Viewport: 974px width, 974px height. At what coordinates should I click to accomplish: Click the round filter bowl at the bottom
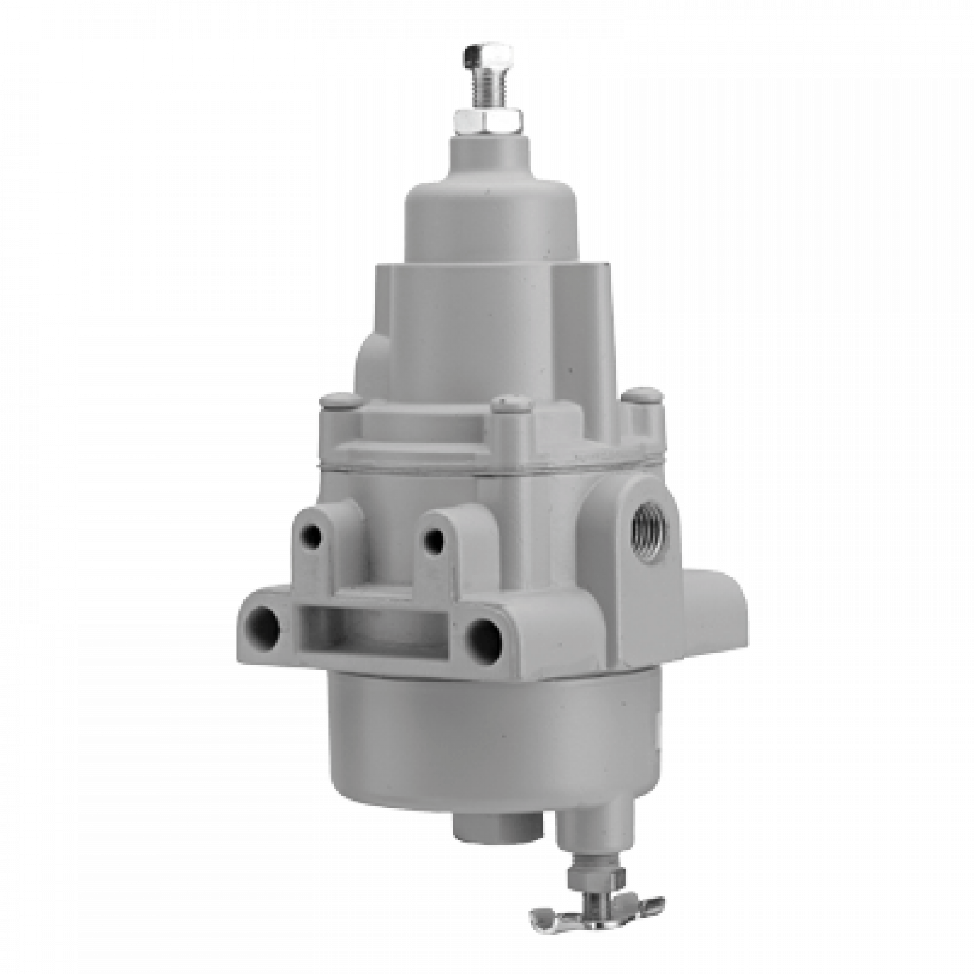point(488,742)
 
